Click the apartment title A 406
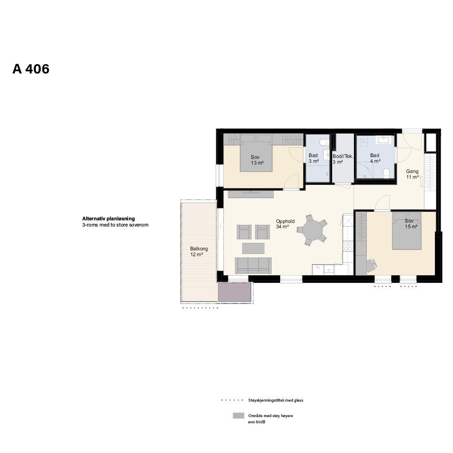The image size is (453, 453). (x=31, y=69)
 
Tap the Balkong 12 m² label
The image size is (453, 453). (x=199, y=251)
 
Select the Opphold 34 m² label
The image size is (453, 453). (x=285, y=224)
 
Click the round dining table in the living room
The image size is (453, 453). (x=312, y=230)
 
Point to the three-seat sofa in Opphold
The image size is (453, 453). (x=253, y=265)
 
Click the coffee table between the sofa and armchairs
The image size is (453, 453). (x=253, y=248)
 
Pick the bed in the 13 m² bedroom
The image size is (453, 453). (x=255, y=157)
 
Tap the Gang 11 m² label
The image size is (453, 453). (x=412, y=174)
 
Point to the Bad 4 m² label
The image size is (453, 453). (x=375, y=158)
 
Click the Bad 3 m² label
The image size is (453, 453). (x=314, y=158)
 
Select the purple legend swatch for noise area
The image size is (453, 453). (x=238, y=416)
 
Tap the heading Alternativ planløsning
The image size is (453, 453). (x=108, y=219)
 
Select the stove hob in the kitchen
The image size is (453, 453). (x=348, y=246)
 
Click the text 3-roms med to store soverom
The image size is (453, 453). (x=115, y=225)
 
